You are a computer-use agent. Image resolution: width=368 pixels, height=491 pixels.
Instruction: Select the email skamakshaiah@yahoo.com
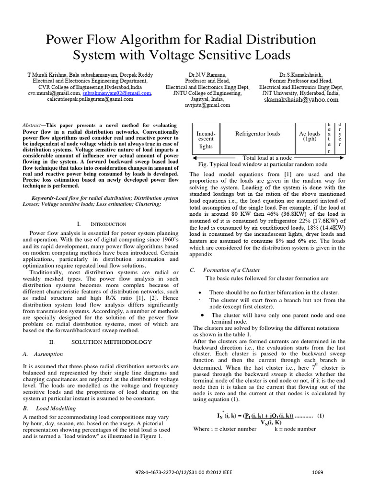click(301, 100)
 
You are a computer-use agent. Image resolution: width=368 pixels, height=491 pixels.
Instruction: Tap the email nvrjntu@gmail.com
click(204, 105)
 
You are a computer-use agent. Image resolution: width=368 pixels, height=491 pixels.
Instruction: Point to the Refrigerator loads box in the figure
click(258, 134)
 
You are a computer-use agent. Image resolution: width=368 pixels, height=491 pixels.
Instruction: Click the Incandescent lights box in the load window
click(206, 140)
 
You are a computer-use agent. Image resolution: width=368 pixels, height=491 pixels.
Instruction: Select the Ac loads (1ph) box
click(310, 136)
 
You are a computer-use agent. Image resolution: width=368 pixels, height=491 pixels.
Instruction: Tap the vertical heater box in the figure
click(328, 137)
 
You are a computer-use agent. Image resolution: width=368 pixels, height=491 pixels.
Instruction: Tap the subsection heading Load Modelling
click(56, 408)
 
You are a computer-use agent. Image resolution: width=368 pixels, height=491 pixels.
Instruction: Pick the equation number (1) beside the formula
click(321, 416)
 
